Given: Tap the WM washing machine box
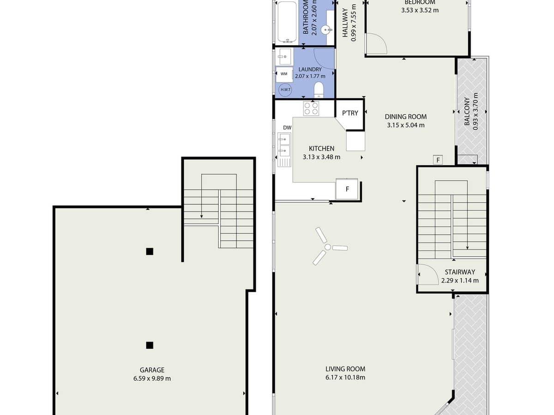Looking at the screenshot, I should [284, 74].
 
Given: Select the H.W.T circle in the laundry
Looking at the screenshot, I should [285, 89].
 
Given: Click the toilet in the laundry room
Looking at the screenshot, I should [319, 89].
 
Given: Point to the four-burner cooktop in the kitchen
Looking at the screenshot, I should [311, 108].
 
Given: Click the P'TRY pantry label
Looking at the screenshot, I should [350, 113].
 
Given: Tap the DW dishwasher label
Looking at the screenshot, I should [287, 127].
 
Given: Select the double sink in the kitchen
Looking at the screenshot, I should [284, 144].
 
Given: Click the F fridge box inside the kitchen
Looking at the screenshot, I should [347, 189].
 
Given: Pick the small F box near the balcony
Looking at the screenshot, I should [437, 160].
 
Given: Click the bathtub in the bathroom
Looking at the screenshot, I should [287, 22].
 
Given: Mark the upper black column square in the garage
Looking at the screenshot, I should [150, 251].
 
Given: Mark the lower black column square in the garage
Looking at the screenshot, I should [150, 345].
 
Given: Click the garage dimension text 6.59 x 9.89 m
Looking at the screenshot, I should [152, 379].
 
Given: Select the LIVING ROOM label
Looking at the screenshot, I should [345, 369].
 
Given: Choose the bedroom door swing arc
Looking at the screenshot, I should [376, 44].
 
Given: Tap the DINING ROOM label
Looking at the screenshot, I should [406, 117].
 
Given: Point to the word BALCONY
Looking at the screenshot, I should [467, 112].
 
